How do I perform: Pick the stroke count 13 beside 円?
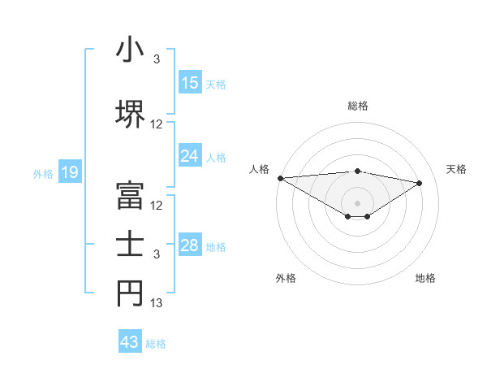[x=157, y=303]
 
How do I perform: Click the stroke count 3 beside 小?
[x=157, y=59]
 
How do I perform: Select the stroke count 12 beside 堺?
[x=157, y=124]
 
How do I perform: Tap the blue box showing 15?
[x=189, y=83]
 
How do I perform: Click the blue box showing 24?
[x=189, y=156]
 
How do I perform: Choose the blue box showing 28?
[x=189, y=245]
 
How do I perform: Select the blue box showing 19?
[x=69, y=172]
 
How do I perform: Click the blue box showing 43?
[x=130, y=342]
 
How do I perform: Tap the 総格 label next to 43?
[x=156, y=344]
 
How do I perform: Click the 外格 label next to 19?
[x=43, y=173]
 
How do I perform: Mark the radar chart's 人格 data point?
[x=280, y=178]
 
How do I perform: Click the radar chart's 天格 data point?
[x=420, y=183]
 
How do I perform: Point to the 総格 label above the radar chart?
[x=357, y=106]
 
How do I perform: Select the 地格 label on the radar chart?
[x=425, y=279]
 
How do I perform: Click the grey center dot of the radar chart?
[x=357, y=202]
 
